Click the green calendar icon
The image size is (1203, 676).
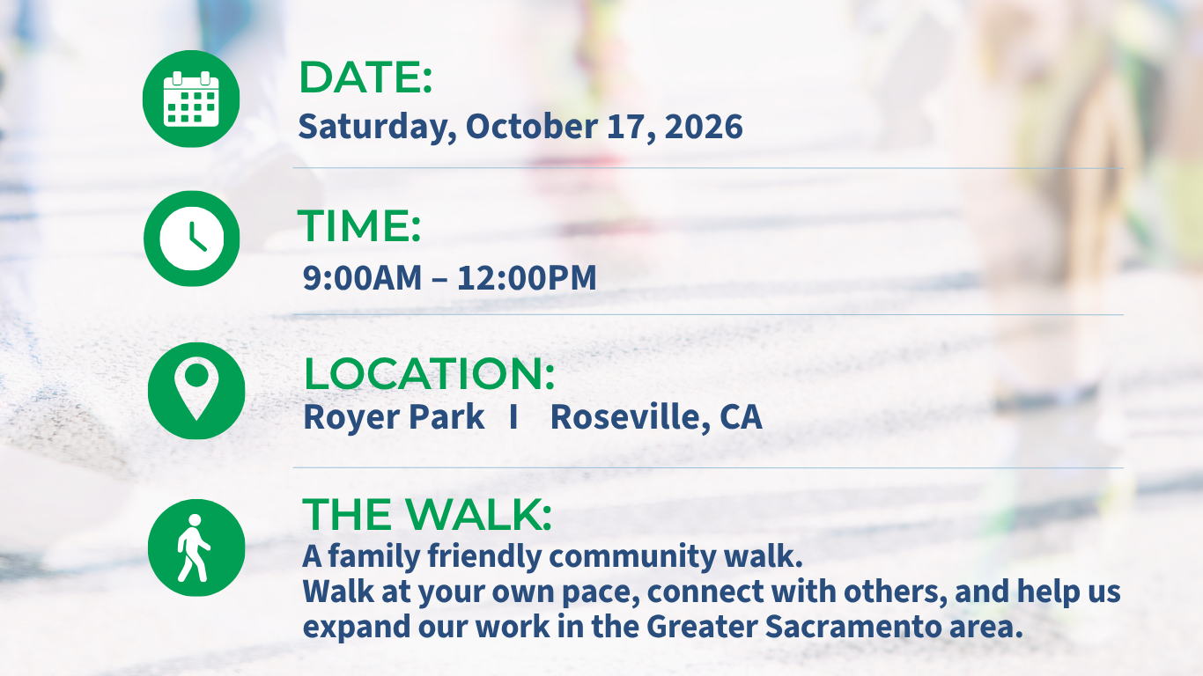click(191, 99)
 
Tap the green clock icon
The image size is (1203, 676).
click(192, 239)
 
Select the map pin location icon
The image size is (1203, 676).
click(196, 391)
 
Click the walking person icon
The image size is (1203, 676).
click(196, 547)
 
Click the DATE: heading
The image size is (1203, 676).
click(365, 77)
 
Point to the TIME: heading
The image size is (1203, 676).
click(358, 226)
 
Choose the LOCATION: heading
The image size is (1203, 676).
click(429, 374)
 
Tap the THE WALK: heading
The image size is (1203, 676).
click(427, 514)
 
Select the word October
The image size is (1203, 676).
click(532, 127)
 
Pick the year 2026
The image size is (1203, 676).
click(704, 128)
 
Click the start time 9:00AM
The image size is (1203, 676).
click(363, 278)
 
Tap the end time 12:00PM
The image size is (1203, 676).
click(527, 278)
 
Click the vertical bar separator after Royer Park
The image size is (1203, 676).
click(514, 417)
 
